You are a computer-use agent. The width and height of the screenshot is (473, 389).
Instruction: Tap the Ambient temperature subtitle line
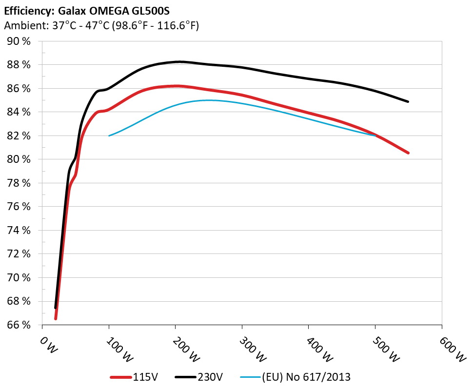pos(101,26)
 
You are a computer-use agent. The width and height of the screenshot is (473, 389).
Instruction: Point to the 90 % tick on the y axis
pos(20,41)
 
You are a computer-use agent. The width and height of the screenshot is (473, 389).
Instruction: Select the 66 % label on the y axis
pos(20,325)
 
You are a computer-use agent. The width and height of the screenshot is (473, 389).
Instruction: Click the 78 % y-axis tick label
pos(20,183)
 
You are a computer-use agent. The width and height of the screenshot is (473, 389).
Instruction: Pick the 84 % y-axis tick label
pos(20,112)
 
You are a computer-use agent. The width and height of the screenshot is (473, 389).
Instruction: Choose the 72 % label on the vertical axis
pos(20,254)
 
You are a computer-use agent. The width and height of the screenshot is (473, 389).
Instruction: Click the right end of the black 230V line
pos(408,102)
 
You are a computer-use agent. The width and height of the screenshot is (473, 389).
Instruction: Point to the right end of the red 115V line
pos(408,153)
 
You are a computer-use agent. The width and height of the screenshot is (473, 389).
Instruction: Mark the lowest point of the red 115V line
pos(56,319)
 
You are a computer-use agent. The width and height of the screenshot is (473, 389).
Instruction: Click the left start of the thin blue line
pos(109,136)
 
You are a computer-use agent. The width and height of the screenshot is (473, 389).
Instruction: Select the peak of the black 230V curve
pos(179,62)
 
